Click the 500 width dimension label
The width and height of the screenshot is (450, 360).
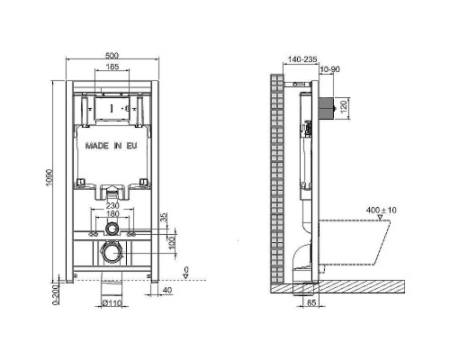click(112, 56)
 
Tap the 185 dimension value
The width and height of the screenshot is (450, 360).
click(112, 67)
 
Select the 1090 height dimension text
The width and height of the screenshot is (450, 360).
click(49, 177)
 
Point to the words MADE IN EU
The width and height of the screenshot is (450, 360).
click(112, 146)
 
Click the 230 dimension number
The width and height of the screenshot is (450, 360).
click(112, 206)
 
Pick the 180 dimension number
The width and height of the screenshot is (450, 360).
click(112, 214)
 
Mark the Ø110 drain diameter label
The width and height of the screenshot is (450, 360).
click(112, 303)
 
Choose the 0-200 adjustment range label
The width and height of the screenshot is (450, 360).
click(56, 293)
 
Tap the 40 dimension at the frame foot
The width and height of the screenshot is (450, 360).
click(167, 291)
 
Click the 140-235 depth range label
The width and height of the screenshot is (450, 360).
click(302, 59)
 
